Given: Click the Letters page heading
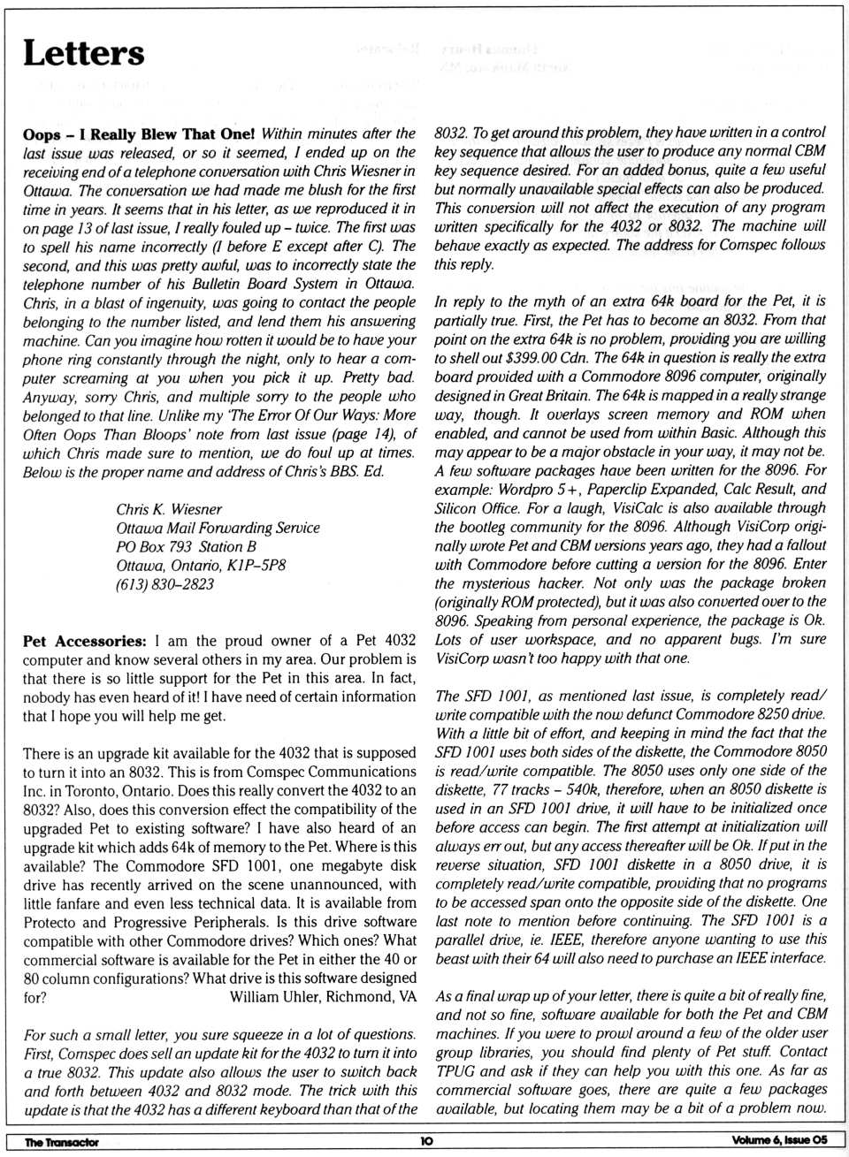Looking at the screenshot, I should (83, 53).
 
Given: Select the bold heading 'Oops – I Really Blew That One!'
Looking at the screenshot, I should (139, 133).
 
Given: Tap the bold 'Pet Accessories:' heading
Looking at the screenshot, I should (84, 640).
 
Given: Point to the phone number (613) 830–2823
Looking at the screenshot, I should (164, 583).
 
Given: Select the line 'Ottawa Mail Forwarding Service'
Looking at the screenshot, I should (218, 528).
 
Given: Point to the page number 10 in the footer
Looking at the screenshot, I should (426, 1142).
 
